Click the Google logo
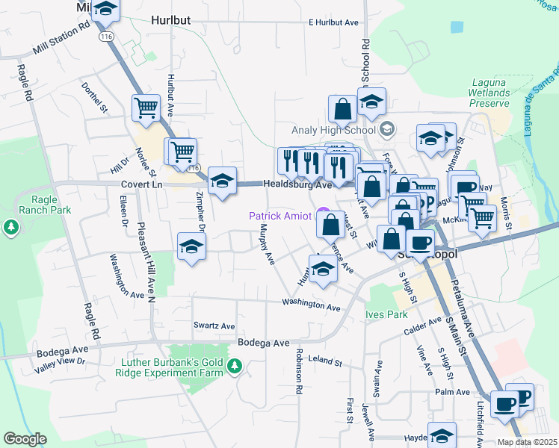25,439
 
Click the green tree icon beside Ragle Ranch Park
10,225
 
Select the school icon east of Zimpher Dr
191,246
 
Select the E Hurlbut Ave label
333,23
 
